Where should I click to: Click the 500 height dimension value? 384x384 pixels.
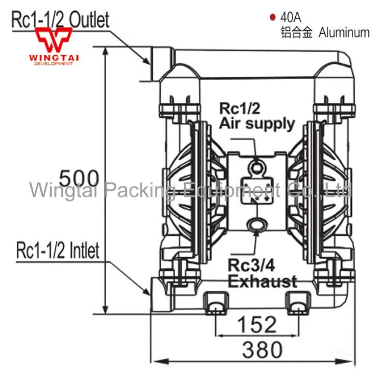pyautogui.click(x=79, y=178)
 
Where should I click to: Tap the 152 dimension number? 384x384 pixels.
pyautogui.click(x=257, y=324)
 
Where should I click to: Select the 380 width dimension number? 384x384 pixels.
pyautogui.click(x=262, y=349)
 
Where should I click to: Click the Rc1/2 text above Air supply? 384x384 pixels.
pyautogui.click(x=240, y=108)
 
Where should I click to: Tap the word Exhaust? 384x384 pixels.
pyautogui.click(x=263, y=282)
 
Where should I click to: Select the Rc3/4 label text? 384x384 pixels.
pyautogui.click(x=251, y=265)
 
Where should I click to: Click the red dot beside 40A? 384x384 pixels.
pyautogui.click(x=272, y=17)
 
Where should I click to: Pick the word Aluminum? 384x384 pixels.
pyautogui.click(x=344, y=32)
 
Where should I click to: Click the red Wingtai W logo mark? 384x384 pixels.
pyautogui.click(x=54, y=39)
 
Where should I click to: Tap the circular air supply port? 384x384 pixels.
pyautogui.click(x=256, y=168)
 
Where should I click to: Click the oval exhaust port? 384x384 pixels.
pyautogui.click(x=257, y=224)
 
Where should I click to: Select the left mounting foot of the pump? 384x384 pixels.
pyautogui.click(x=216, y=303)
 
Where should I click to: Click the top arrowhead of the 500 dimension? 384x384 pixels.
pyautogui.click(x=105, y=51)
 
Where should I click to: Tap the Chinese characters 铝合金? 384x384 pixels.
pyautogui.click(x=296, y=32)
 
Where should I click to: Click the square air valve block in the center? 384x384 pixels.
pyautogui.click(x=257, y=190)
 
